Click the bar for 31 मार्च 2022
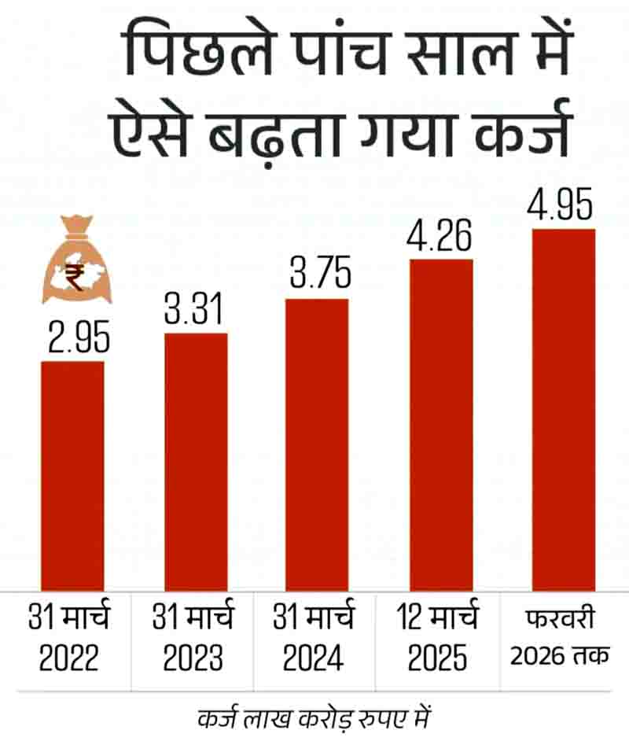(72, 475)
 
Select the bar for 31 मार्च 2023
(196, 461)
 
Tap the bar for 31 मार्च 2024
(316, 444)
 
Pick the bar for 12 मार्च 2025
(441, 424)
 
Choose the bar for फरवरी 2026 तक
(563, 409)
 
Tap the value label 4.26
(441, 236)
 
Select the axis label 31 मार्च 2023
(193, 639)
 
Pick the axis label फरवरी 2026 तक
(559, 639)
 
